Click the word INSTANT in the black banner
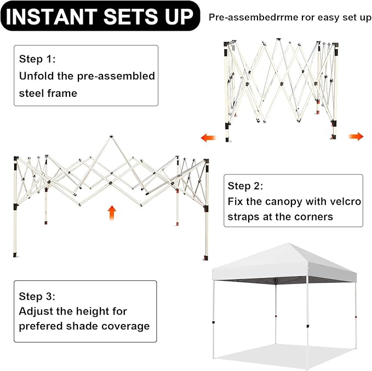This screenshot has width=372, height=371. [51, 16]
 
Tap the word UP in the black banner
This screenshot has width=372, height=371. [179, 16]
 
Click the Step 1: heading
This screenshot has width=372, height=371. [37, 59]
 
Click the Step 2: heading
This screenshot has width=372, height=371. [245, 186]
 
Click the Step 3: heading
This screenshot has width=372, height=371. [37, 296]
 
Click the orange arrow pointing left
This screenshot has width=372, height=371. [209, 137]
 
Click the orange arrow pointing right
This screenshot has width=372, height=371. [356, 136]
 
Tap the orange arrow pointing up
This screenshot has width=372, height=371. [112, 213]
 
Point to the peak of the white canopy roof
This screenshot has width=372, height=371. [288, 244]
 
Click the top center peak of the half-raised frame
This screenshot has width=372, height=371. [111, 137]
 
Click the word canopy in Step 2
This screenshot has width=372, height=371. [284, 202]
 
